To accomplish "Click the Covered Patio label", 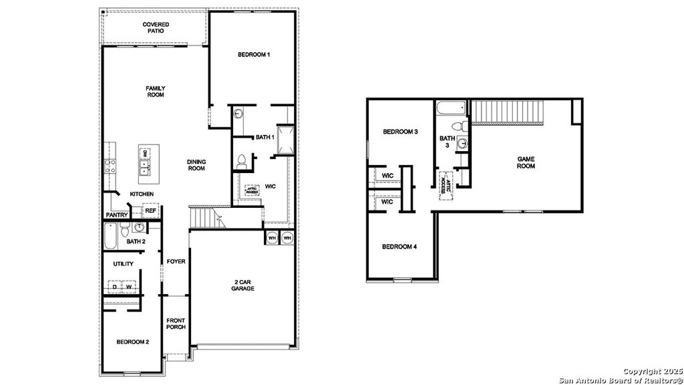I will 156,28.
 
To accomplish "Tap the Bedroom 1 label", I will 254,55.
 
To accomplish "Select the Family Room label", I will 156,92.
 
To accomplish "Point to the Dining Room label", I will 196,165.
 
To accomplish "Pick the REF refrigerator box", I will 151,211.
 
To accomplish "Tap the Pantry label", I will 116,215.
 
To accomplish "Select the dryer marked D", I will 115,287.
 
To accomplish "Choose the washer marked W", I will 130,287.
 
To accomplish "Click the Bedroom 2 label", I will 132,342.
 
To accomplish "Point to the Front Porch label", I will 176,325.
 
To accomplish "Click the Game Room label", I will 526,162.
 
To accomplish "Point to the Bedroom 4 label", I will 399,247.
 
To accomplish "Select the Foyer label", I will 176,261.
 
